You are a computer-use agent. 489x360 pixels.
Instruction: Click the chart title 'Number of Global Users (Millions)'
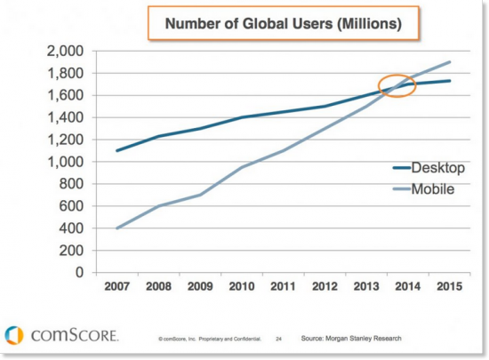coord(277,25)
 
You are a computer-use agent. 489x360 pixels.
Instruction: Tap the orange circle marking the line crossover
coord(397,86)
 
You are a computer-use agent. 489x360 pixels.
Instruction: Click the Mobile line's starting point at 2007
coord(116,228)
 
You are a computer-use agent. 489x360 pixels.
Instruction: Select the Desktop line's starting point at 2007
coord(116,150)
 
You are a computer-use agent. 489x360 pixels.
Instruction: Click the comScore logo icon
coord(14,335)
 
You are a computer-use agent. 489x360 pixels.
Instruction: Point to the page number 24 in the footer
coord(278,339)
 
